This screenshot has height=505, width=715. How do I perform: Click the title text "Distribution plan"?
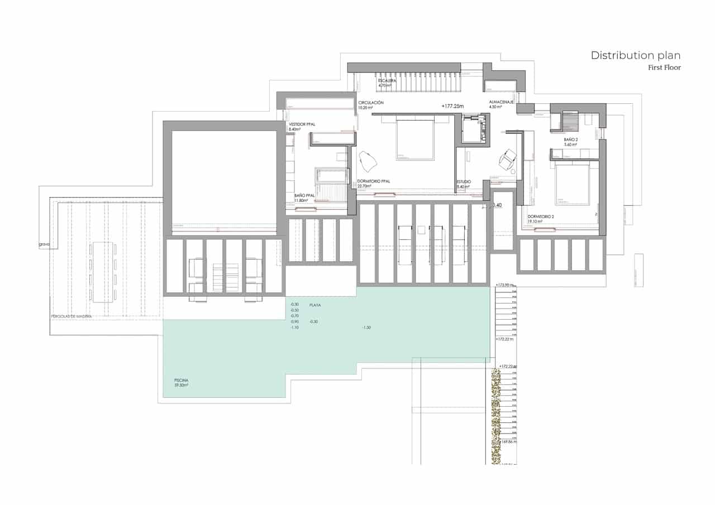pyautogui.click(x=636, y=55)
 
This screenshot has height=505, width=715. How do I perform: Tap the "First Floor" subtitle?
pyautogui.click(x=664, y=68)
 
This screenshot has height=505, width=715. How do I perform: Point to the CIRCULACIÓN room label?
pyautogui.click(x=371, y=103)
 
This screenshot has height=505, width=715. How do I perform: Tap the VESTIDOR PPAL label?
pyautogui.click(x=302, y=124)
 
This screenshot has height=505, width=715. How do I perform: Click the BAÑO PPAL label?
pyautogui.click(x=304, y=195)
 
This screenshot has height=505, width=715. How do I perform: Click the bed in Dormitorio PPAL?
pyautogui.click(x=415, y=139)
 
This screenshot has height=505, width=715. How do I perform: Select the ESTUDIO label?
pyautogui.click(x=463, y=181)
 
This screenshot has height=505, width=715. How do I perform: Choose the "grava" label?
pyautogui.click(x=44, y=244)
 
